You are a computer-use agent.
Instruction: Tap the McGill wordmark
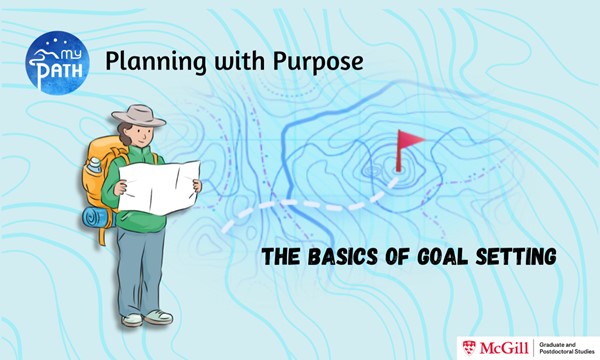501,346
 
